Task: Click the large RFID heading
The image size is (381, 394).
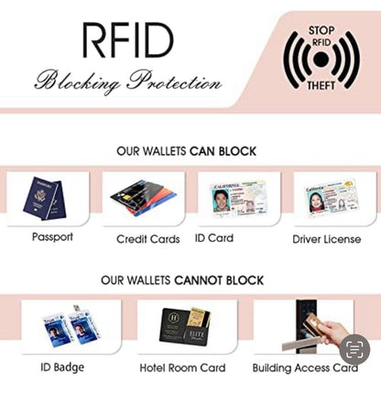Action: pos(128,40)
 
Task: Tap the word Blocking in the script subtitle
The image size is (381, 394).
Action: pos(77,81)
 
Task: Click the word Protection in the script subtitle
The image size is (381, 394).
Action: pos(174,80)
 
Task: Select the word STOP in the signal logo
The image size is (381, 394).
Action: pos(321,30)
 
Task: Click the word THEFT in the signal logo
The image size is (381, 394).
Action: pos(321,86)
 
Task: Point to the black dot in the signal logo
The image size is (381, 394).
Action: pos(321,60)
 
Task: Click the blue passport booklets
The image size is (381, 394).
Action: pos(45,198)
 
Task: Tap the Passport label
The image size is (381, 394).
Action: pos(52,237)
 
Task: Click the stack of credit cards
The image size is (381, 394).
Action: pos(144,198)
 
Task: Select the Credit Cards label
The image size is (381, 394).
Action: pos(148,239)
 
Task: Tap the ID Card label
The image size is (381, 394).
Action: pos(214,238)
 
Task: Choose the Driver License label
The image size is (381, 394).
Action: pos(327,239)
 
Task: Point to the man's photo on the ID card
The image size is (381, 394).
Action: pos(222,200)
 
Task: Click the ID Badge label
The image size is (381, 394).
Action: pos(62,367)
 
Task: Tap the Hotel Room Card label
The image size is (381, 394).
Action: pos(182,368)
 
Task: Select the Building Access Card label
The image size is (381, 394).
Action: pos(305,368)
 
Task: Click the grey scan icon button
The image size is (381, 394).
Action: pos(354,350)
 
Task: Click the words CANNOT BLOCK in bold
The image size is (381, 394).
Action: pos(219,280)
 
